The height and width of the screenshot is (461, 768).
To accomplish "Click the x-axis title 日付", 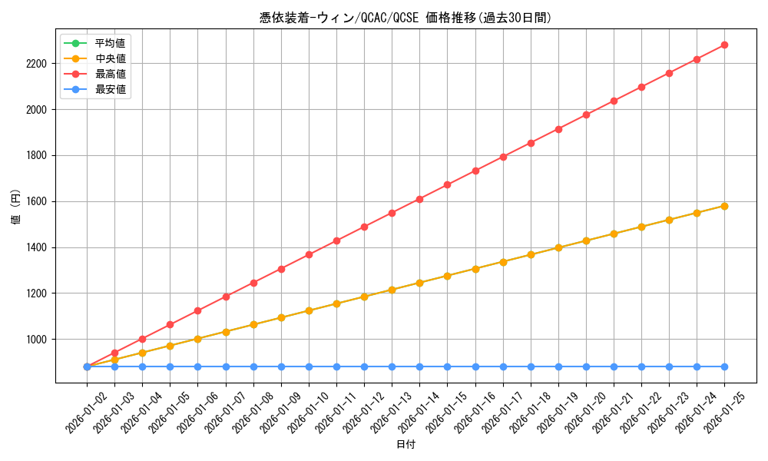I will pos(406,445).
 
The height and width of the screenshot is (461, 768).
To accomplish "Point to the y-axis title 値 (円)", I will pos(16,208).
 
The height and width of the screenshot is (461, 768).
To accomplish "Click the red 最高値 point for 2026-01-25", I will pos(724,45).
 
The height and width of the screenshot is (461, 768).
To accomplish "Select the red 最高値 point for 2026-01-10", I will pos(309,254).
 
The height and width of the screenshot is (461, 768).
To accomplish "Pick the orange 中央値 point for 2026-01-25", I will pos(724,206).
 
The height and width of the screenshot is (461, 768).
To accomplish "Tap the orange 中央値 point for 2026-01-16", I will pos(475,269).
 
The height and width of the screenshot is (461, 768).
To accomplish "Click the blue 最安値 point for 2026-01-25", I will pos(724,366).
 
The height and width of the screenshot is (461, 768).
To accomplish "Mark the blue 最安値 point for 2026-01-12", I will pos(364,366).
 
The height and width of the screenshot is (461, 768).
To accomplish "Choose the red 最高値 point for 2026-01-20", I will pos(586,114).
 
